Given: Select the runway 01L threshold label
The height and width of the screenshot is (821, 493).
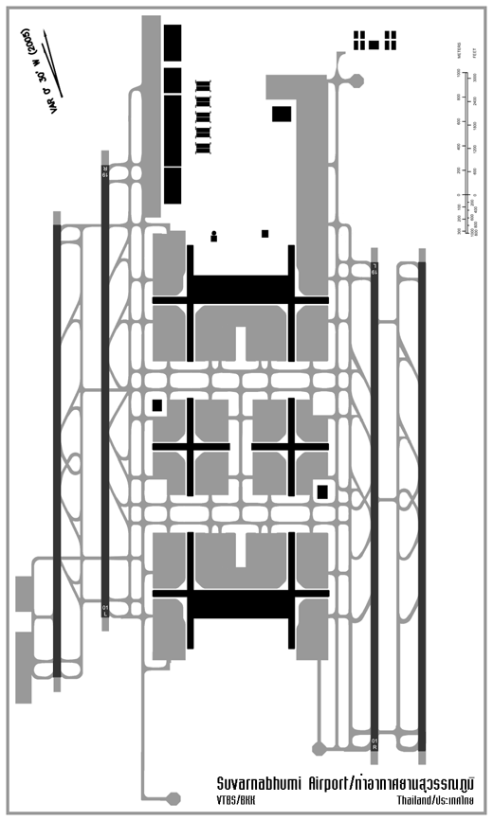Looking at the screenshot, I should coord(105,609).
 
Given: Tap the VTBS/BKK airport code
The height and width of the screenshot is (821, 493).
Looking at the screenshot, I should coord(236,801).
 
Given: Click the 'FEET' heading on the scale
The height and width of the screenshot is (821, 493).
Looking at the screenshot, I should coord(474,49).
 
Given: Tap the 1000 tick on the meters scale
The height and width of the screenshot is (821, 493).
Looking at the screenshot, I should coord(460,72).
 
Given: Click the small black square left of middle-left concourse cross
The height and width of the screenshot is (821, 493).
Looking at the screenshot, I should coord(157,405).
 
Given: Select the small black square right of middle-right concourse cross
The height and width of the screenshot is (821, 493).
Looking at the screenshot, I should coord(322,491).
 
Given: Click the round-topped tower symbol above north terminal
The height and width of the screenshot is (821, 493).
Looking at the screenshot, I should coord(214,236).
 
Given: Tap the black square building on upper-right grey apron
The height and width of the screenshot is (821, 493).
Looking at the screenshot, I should coord(282,114).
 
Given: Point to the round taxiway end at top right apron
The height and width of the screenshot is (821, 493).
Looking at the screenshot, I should coord(359,78).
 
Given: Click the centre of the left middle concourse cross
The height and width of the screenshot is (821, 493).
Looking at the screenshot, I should coord(191,445).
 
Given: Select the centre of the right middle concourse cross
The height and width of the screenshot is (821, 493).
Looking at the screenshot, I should coord(289,445).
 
